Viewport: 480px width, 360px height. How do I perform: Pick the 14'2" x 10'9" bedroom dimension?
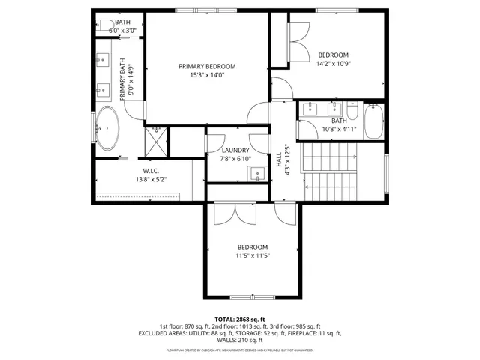334,64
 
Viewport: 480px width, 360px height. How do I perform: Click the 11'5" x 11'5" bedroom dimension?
253,256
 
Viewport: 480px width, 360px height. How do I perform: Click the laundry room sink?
257,175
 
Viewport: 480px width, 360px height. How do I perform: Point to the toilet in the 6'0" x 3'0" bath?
105,25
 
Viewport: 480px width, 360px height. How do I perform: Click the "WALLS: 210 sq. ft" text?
239,340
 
